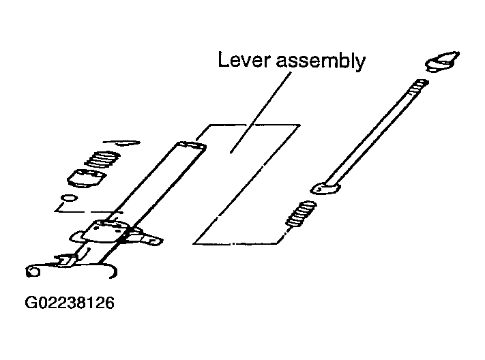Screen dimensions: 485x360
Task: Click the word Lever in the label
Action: pyautogui.click(x=241, y=60)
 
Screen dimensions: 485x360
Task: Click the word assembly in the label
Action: pyautogui.click(x=321, y=61)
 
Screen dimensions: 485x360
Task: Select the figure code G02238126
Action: pyautogui.click(x=70, y=303)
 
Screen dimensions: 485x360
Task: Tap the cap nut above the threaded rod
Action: pyautogui.click(x=442, y=62)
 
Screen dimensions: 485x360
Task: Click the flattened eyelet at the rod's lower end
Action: pyautogui.click(x=325, y=188)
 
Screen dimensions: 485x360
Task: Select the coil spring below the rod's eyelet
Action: pyautogui.click(x=301, y=214)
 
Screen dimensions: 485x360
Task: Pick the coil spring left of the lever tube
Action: pyautogui.click(x=102, y=160)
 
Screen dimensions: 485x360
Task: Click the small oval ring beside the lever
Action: pyautogui.click(x=70, y=198)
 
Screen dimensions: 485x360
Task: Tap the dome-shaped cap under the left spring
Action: pyautogui.click(x=87, y=178)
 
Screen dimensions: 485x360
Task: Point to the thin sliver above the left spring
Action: pyautogui.click(x=122, y=142)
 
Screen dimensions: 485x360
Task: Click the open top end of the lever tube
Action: pyautogui.click(x=192, y=146)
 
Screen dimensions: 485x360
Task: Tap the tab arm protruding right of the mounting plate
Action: pyautogui.click(x=145, y=237)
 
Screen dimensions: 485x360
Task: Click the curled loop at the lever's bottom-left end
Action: pyautogui.click(x=33, y=271)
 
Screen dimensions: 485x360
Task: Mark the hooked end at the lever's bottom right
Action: pyautogui.click(x=112, y=270)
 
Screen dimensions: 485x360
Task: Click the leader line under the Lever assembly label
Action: pyautogui.click(x=261, y=112)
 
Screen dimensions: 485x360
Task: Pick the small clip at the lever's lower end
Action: pyautogui.click(x=65, y=260)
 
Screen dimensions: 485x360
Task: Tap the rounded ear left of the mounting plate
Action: pyautogui.click(x=76, y=237)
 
